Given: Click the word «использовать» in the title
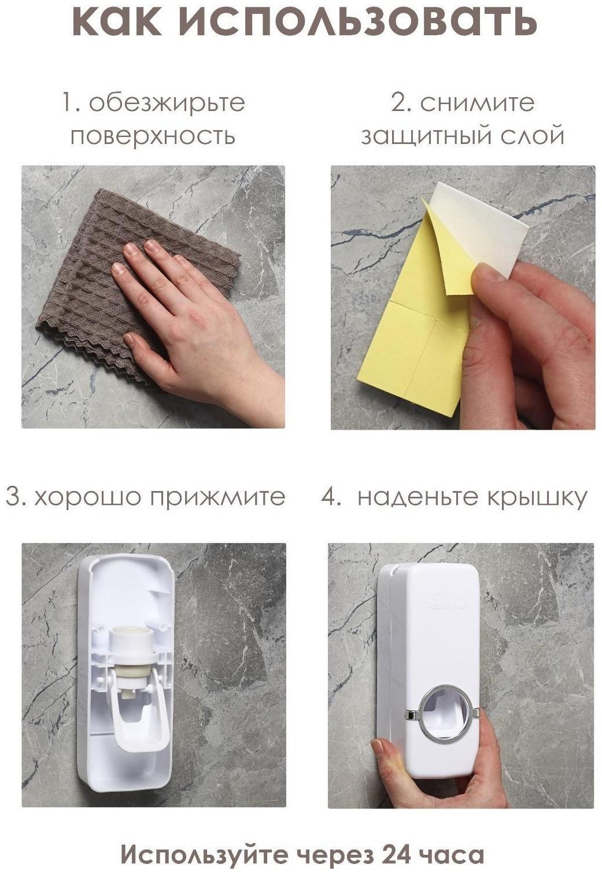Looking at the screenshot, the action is (353, 21).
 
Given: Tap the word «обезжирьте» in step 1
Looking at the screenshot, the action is (167, 103).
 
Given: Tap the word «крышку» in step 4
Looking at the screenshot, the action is (532, 498).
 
